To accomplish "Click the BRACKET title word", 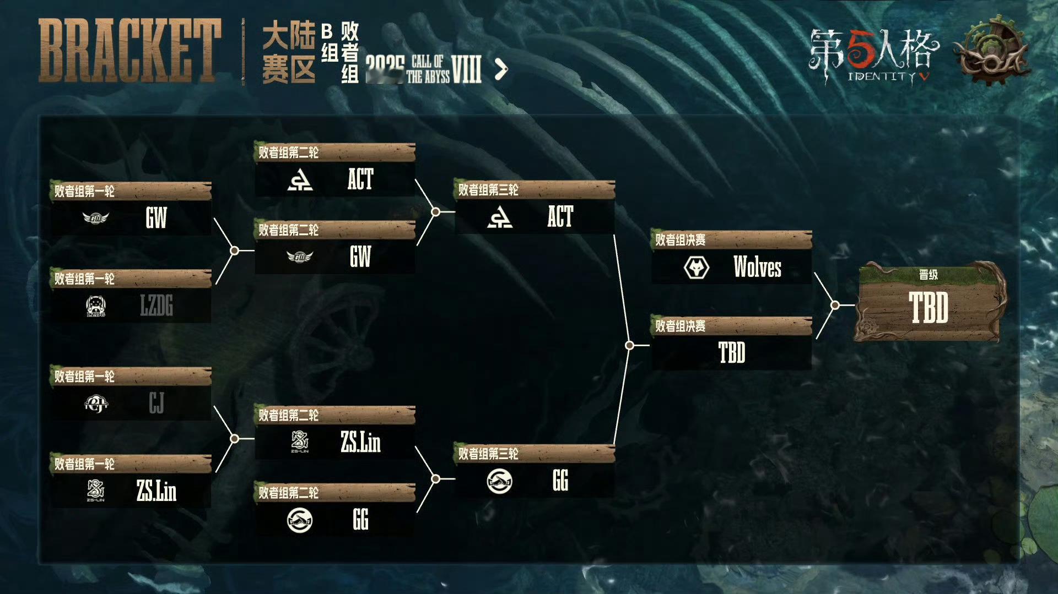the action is click(x=130, y=51).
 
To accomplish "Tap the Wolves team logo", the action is click(x=697, y=268).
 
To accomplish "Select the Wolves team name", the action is click(x=757, y=268).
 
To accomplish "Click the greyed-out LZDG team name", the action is click(x=156, y=306).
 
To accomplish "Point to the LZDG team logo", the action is click(x=96, y=306).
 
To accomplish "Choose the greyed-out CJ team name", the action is click(x=156, y=404).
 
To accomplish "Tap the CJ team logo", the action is click(x=96, y=404).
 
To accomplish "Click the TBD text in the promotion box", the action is click(x=929, y=308).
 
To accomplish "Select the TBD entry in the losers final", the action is click(x=732, y=353).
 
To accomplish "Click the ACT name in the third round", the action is click(x=560, y=216).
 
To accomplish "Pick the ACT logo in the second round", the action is click(x=300, y=179).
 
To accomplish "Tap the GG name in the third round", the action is click(x=560, y=481).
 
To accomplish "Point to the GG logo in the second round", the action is click(x=300, y=520).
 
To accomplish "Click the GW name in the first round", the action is click(x=156, y=218).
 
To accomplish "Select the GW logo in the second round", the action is click(x=300, y=257).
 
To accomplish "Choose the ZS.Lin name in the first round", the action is click(x=156, y=491).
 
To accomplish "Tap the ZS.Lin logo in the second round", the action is click(x=300, y=442).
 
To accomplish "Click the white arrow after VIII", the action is click(x=501, y=70).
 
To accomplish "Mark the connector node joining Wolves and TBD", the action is click(x=835, y=304).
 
